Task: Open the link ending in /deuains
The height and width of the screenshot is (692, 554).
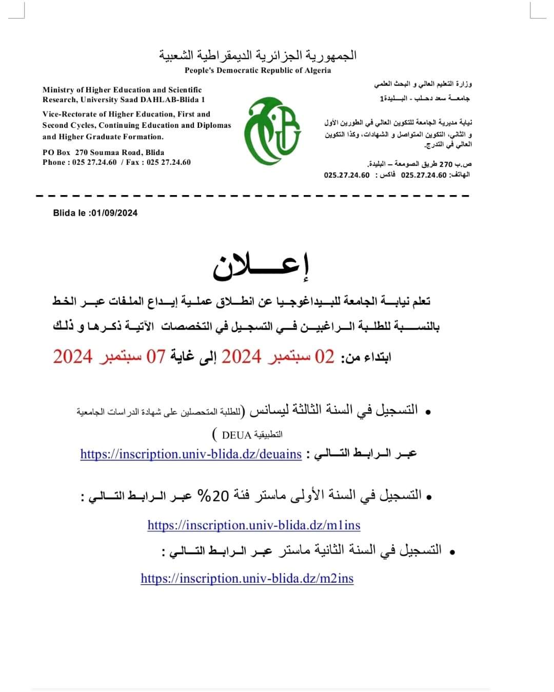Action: pos(191,454)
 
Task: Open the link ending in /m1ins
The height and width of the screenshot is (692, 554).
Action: pos(253,525)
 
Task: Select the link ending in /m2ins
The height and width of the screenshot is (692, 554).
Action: pos(247,579)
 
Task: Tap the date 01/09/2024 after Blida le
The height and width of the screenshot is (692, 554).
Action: pos(113,213)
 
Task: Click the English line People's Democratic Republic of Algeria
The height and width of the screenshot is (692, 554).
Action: pos(258,70)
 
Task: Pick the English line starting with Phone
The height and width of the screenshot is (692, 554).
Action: pos(116,162)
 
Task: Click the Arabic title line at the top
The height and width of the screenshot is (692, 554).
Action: pos(258,55)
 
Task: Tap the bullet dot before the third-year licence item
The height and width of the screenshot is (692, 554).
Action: pos(427,412)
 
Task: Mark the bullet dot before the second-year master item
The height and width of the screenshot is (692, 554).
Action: pos(452,552)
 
